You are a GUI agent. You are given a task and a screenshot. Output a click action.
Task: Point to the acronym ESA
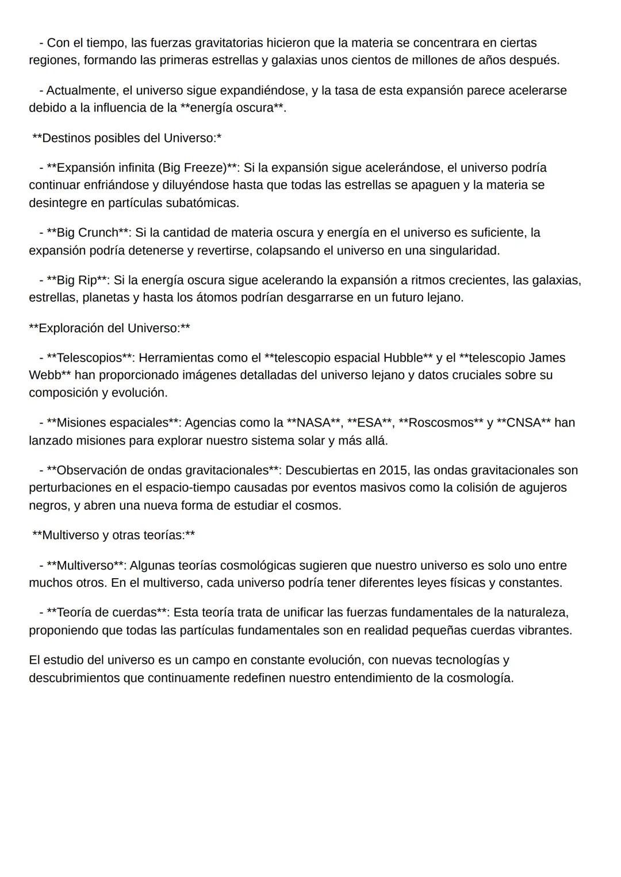pyautogui.click(x=370, y=423)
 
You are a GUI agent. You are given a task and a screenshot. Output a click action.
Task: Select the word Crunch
pyautogui.click(x=98, y=233)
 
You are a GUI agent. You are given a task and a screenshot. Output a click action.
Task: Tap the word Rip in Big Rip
pyautogui.click(x=87, y=280)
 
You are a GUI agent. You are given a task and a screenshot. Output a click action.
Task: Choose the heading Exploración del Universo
pyautogui.click(x=109, y=328)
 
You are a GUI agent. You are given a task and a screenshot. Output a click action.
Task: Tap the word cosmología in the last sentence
pyautogui.click(x=480, y=678)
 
